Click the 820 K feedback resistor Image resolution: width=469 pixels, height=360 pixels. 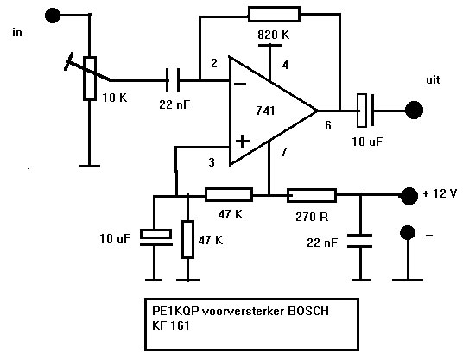click(274, 15)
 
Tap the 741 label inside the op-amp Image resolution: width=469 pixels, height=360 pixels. click(265, 111)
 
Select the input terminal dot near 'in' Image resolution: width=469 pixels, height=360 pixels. click(53, 16)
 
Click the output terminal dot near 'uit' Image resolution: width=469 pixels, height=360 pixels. click(414, 110)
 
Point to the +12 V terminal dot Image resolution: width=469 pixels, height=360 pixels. click(409, 196)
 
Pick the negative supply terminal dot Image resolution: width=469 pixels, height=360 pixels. click(408, 232)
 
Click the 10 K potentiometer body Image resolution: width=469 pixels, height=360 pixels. click(90, 78)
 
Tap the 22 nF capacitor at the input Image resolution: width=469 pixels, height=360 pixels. click(173, 80)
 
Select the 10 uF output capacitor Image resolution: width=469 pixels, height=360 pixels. click(365, 110)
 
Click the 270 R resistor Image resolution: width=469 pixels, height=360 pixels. click(312, 196)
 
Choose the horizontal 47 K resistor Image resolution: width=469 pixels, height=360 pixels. click(229, 194)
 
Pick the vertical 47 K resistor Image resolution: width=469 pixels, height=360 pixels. click(187, 239)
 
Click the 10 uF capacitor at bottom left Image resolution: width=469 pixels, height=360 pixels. click(155, 237)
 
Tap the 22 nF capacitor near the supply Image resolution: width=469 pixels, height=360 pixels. click(360, 241)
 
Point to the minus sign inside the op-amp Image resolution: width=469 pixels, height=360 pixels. click(240, 85)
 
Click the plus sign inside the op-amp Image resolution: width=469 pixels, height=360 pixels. click(243, 142)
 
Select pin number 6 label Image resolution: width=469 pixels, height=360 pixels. click(328, 125)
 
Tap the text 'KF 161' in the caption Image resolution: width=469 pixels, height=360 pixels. click(171, 325)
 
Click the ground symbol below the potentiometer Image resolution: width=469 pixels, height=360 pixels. click(90, 166)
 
